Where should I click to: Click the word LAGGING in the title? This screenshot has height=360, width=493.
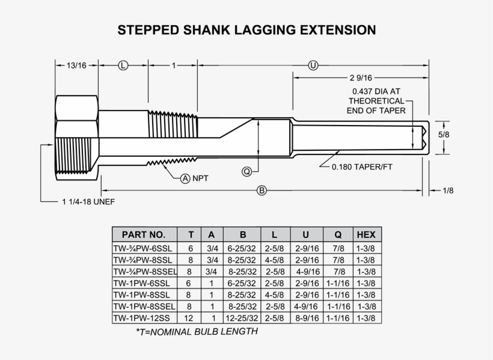coord(265,30)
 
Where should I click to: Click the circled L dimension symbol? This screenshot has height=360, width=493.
coord(123,66)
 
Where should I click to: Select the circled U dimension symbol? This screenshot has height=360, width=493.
coord(313,66)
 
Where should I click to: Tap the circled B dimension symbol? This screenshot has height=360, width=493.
coord(262,191)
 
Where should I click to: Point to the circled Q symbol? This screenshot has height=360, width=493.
coord(247,172)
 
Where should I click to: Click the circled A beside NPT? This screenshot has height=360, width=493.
coord(185,178)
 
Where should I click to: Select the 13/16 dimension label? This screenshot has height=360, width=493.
coord(76,66)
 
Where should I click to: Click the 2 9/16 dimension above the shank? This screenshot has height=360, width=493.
coord(361,78)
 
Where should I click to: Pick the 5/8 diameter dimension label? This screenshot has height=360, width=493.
coord(444,135)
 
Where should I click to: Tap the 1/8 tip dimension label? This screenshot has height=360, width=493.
coord(448,191)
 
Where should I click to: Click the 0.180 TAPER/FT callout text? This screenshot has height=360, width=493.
coord(362,166)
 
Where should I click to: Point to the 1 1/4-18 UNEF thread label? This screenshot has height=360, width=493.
coord(88,201)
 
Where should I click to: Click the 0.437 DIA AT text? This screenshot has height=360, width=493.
coord(376,91)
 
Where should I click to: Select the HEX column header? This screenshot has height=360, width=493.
coord(366,234)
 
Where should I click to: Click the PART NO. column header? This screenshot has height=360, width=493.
coord(144,234)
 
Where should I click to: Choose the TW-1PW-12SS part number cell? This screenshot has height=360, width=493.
coord(141,318)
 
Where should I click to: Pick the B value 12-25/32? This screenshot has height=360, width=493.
coord(242,318)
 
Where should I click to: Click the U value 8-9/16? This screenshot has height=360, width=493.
coord(307,318)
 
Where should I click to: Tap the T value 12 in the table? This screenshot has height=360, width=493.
coord(188,318)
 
